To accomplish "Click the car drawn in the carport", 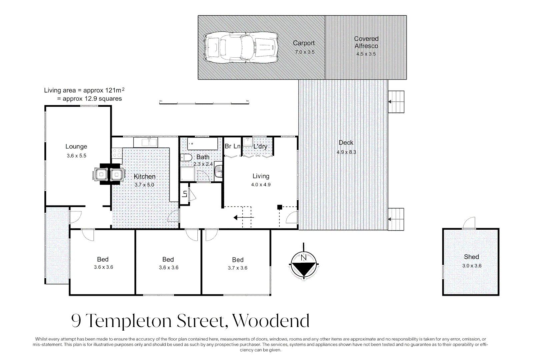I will (x=241, y=47).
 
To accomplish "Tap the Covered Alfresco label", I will (x=366, y=42).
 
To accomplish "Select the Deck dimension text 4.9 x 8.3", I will (x=346, y=152).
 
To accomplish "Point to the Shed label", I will (x=471, y=257).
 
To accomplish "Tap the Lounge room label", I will (x=76, y=146).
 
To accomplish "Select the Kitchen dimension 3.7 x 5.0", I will (x=144, y=185).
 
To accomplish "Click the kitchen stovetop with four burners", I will (x=117, y=153).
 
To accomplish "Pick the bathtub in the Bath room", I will (x=202, y=144).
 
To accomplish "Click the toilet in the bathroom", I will (x=186, y=157).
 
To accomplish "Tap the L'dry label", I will (x=260, y=146).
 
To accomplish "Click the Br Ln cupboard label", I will (x=232, y=146).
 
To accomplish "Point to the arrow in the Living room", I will (x=243, y=218).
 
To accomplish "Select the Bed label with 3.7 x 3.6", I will (x=238, y=260).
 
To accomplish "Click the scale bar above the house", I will (x=204, y=103).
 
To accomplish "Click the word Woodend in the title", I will (x=271, y=321).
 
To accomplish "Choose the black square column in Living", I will (x=280, y=207).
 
